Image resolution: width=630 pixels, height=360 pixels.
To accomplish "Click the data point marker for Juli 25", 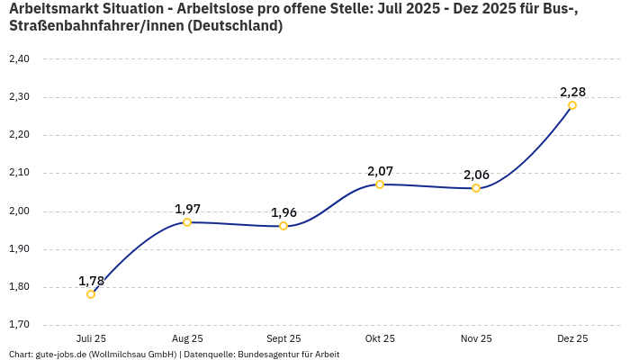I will pos(91,294).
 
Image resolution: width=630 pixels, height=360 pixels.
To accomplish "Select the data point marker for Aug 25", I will pos(187,222).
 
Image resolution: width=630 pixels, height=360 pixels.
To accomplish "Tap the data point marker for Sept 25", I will pos(283,226).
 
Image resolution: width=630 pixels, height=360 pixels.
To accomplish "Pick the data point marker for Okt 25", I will pos(380,184).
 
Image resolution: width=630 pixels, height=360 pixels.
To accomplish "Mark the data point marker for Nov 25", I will pos(476,188).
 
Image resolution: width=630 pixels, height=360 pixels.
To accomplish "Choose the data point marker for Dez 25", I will pos(572,105).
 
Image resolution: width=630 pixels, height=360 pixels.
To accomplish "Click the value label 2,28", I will pos(572,92).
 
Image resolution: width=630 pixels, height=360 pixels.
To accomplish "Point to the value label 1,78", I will pos(91,281).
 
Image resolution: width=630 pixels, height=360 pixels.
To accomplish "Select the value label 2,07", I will pos(380,171).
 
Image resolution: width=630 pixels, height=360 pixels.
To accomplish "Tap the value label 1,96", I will pos(283,212).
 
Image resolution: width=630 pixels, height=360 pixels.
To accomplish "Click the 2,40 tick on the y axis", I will pos(19,59).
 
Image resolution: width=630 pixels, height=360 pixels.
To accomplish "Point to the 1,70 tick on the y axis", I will pos(19,325).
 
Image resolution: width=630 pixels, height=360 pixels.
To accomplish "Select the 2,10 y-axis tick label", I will pos(19,173).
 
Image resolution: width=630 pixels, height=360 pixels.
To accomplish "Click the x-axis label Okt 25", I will pos(380,338).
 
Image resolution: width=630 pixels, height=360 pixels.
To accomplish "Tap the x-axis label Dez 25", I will pos(572,338).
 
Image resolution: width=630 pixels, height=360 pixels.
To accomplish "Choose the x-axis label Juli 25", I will pos(91,338).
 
